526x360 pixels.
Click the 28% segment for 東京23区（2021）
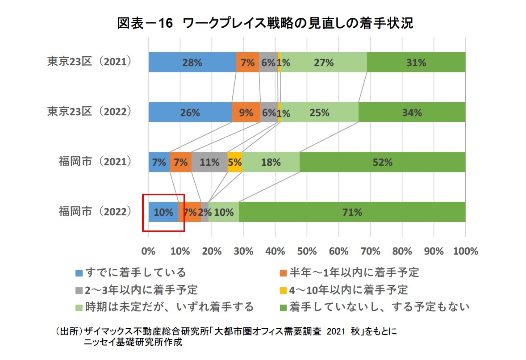192,62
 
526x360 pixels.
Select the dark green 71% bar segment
352,212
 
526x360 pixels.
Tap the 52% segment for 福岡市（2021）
382,162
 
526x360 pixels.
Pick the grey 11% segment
209,162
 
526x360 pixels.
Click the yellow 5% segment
234,162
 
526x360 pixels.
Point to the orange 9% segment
246,112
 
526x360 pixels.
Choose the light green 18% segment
271,162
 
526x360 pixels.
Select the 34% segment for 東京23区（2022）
412,112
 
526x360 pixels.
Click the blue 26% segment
190,112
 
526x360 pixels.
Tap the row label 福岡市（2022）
95,211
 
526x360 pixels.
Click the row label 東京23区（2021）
90,62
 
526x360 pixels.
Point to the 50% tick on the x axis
307,251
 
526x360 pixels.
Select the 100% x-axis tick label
465,251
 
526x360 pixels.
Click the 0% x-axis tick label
149,251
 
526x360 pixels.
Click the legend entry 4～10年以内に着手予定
348,289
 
